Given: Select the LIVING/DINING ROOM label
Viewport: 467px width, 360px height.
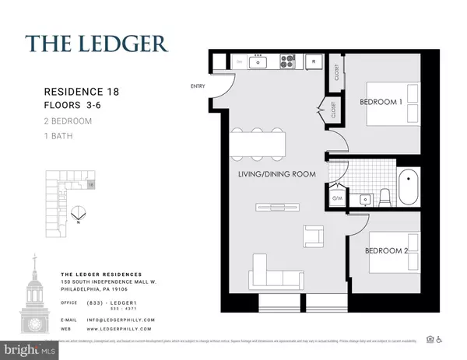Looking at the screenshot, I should [277, 174].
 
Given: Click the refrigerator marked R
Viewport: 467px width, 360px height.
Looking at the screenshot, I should [313, 61].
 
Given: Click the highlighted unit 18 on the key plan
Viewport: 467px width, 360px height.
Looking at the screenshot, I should [91, 185].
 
